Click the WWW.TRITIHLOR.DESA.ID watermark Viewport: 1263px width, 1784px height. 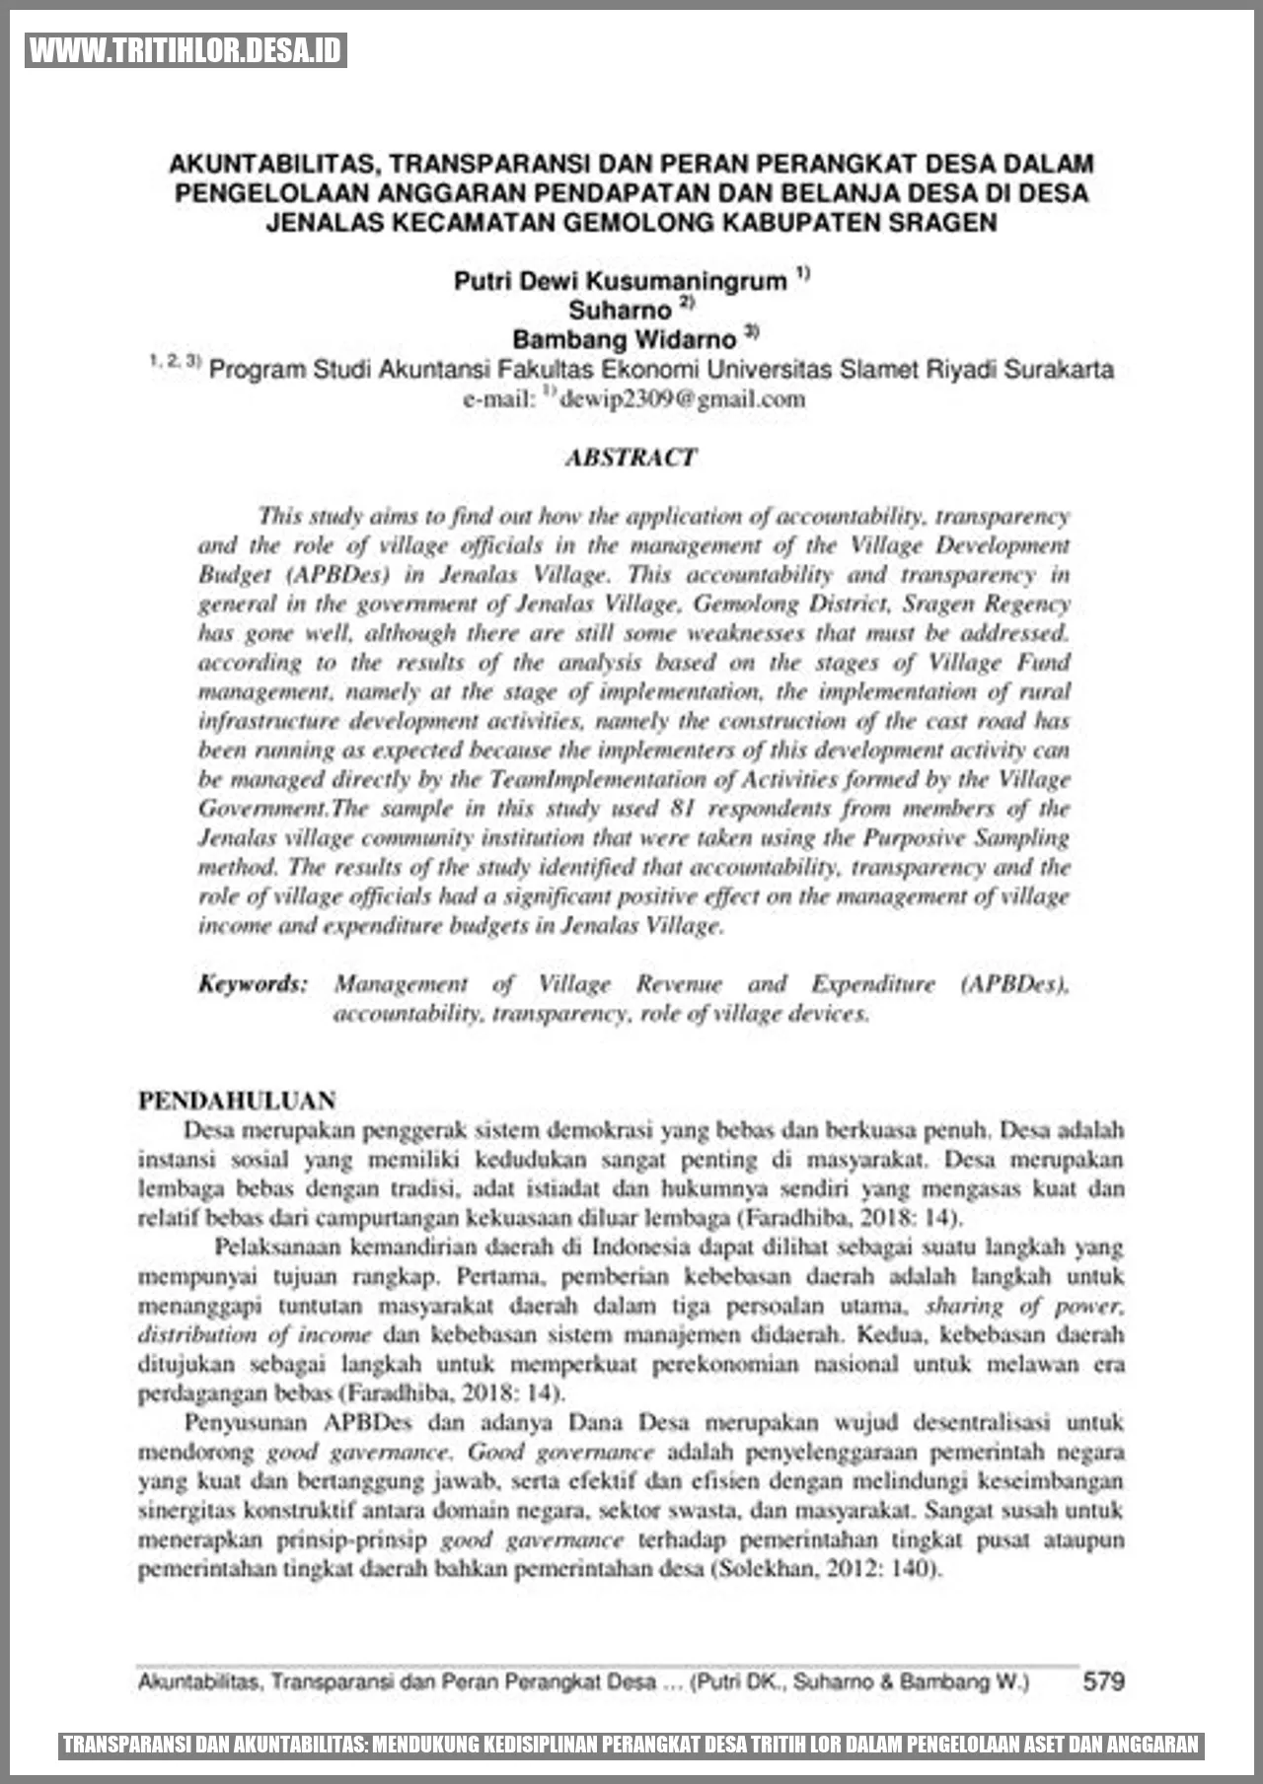[186, 50]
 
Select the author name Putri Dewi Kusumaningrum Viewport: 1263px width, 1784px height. [621, 281]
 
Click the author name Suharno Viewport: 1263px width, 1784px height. [619, 310]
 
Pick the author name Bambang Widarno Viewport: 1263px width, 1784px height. [624, 339]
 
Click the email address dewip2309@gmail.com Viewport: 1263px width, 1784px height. [682, 398]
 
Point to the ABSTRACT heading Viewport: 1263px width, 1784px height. [631, 457]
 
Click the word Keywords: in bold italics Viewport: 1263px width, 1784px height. [253, 983]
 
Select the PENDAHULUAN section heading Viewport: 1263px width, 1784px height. [237, 1101]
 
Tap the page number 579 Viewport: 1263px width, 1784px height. [1103, 1680]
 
